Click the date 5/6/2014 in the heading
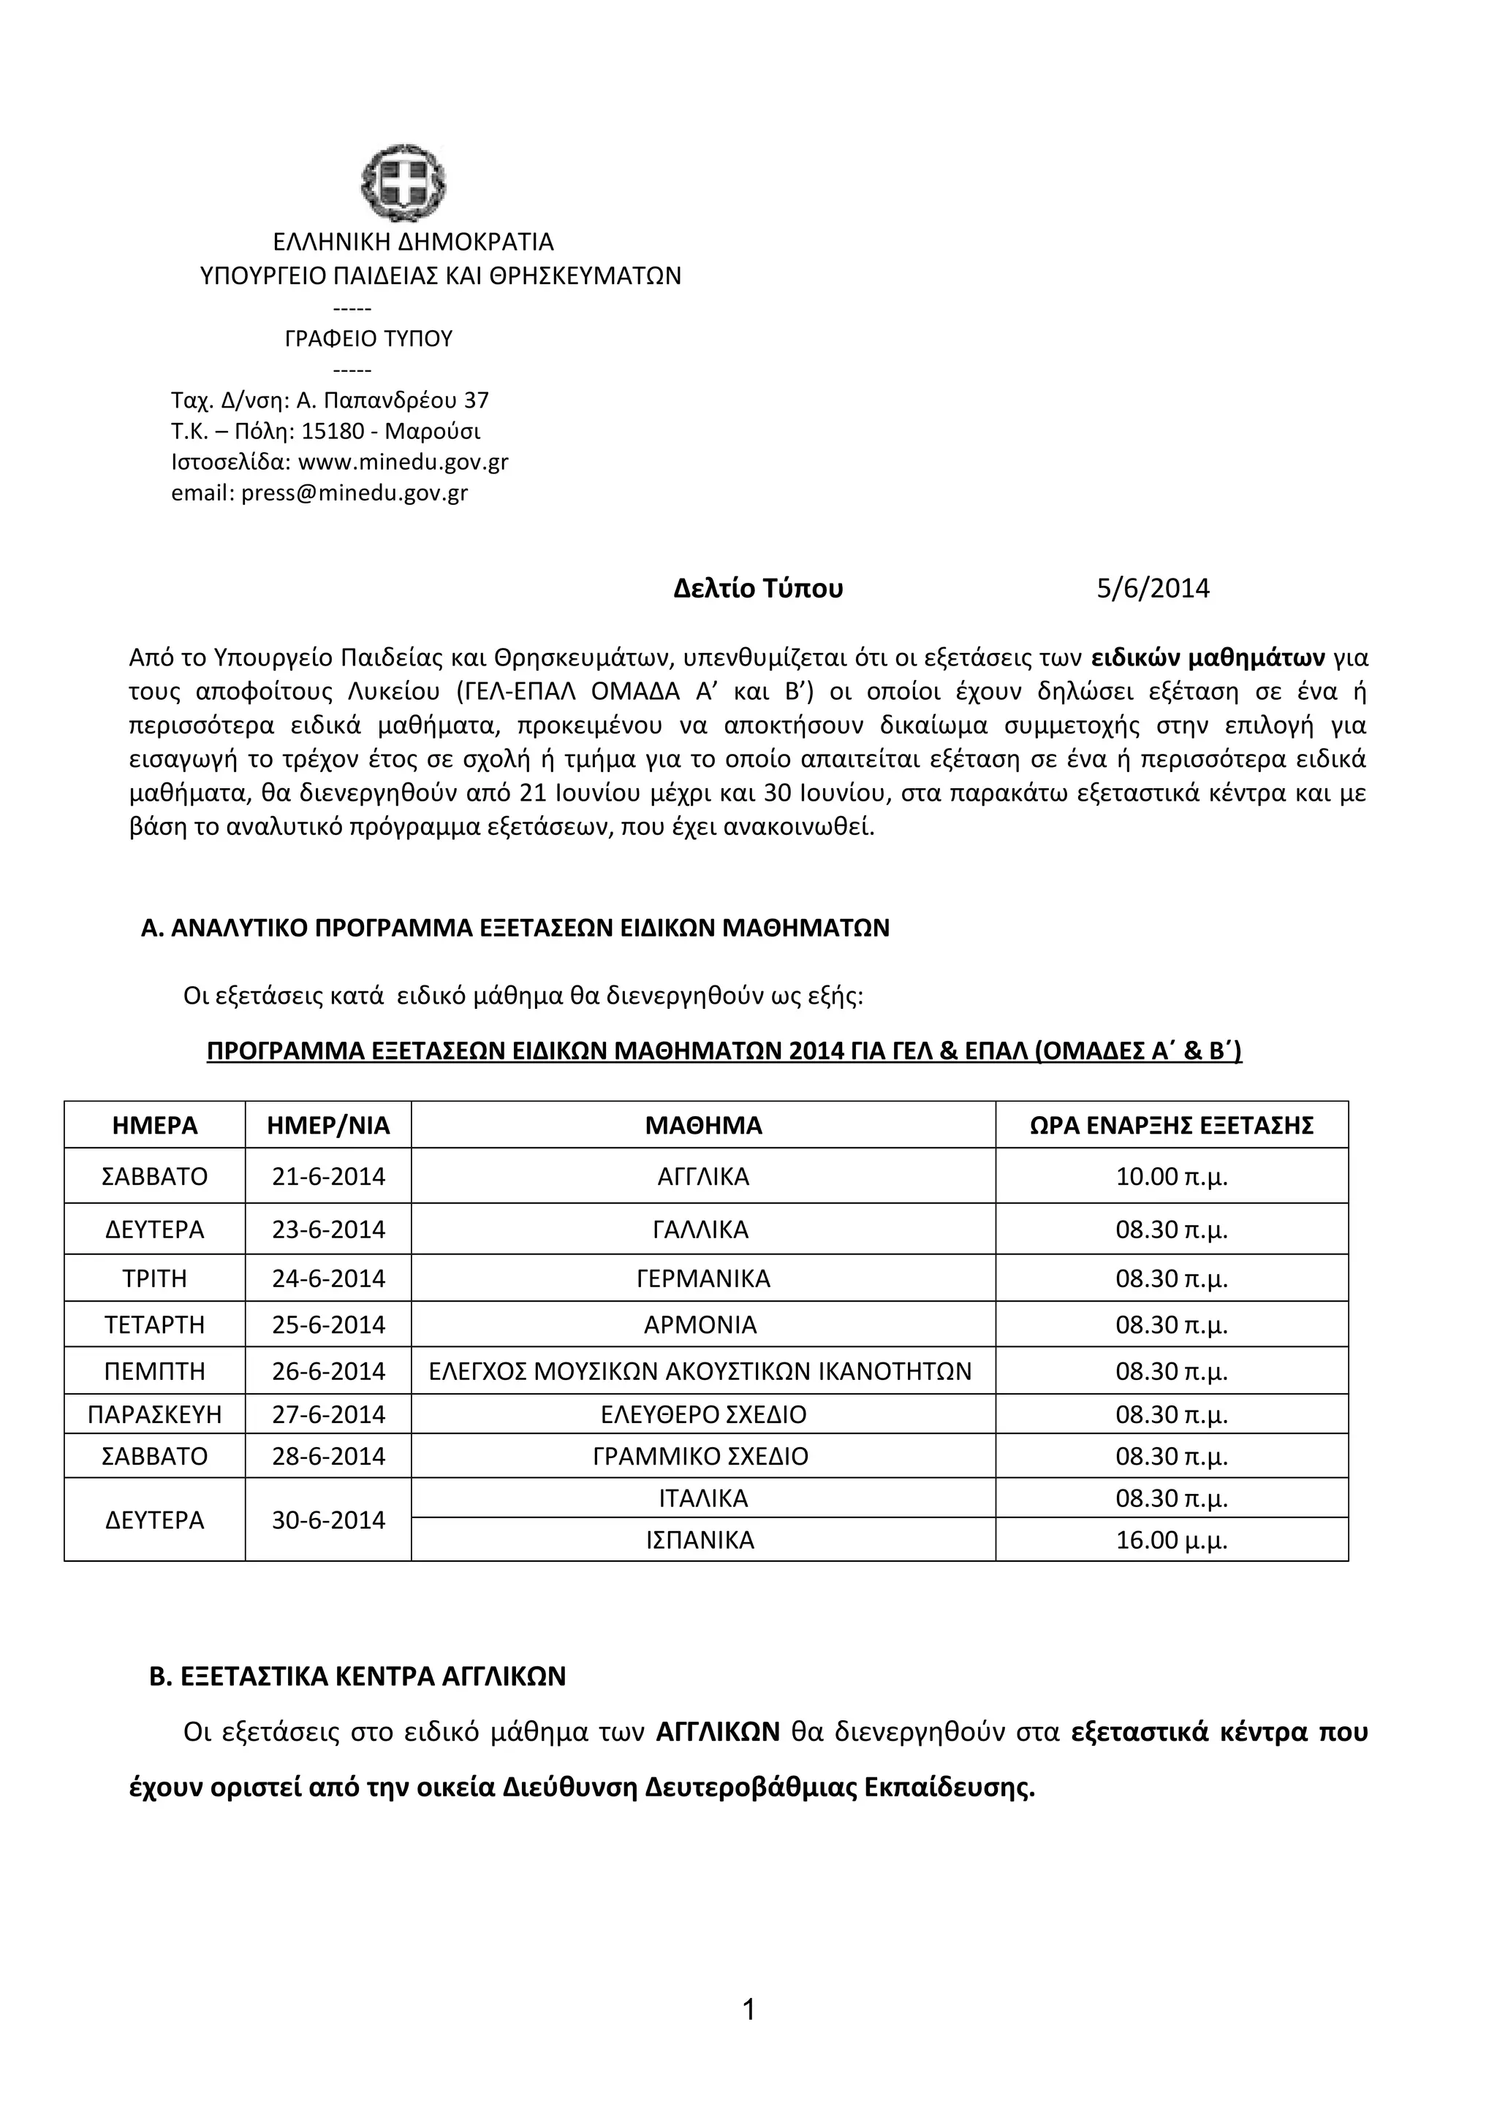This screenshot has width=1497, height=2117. pos(1152,588)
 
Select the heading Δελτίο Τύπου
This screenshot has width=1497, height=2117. pos(757,588)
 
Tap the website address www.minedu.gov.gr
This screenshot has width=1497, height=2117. pos(403,462)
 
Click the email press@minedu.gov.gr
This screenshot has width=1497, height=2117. pos(355,493)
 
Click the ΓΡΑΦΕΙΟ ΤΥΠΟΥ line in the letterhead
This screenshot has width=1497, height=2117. pos(368,338)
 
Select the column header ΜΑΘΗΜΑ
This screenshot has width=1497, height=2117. pos(703,1125)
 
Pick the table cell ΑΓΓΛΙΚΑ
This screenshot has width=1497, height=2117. pos(703,1177)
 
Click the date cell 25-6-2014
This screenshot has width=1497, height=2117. pos(328,1325)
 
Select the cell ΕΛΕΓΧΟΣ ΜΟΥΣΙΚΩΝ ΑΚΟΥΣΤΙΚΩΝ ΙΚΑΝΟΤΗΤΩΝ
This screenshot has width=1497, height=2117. pos(700,1371)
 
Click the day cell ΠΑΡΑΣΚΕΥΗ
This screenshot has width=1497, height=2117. pos(155,1414)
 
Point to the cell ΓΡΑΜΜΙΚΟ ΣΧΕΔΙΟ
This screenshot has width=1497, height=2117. pos(700,1456)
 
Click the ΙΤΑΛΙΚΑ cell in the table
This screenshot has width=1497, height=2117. pos(703,1498)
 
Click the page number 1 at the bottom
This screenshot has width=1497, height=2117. pos(748,2035)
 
